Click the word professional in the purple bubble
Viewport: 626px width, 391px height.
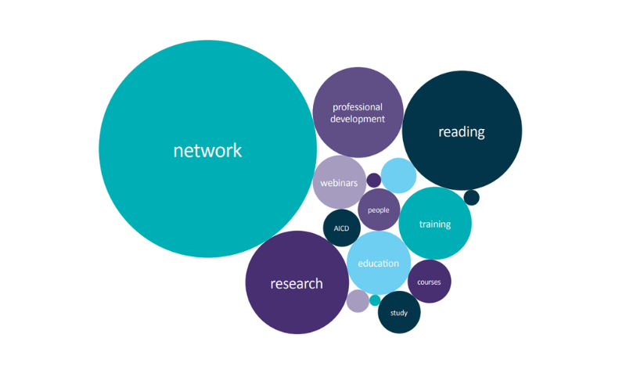pos(358,107)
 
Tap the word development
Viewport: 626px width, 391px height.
pos(358,120)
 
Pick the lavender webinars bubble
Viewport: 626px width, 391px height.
pos(339,182)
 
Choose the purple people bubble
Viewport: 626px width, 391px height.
pos(379,210)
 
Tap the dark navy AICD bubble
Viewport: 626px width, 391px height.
pos(342,228)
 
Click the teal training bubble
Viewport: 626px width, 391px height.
pos(435,224)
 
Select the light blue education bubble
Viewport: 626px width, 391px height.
pos(379,263)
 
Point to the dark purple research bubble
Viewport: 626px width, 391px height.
pos(297,283)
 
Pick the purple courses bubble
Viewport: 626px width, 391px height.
pos(430,282)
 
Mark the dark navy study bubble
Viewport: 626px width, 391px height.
pos(399,313)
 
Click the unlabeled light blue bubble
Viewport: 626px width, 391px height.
pos(399,175)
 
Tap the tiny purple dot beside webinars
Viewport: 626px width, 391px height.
pos(374,180)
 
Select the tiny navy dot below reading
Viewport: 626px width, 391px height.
pos(471,197)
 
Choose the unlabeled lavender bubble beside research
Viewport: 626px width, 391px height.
pos(358,301)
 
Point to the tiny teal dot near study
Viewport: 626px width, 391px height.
pos(375,300)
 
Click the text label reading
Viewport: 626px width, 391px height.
pos(462,131)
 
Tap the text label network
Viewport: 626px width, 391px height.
pos(207,150)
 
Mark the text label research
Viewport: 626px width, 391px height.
pos(297,284)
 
